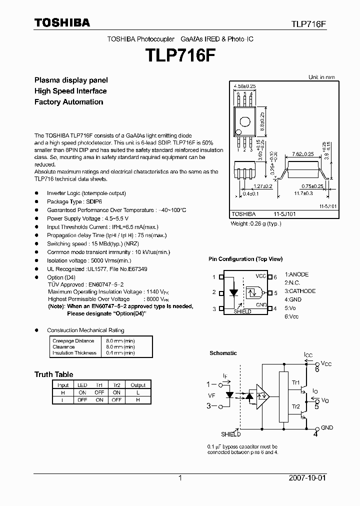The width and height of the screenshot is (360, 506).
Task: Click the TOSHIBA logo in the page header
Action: (x=62, y=22)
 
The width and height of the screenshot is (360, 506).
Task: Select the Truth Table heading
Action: (x=53, y=374)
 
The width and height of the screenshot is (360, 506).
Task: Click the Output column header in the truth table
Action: (x=138, y=385)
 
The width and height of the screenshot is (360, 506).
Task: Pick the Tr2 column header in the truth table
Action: (x=116, y=385)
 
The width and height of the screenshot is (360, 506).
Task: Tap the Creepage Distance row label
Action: (x=73, y=341)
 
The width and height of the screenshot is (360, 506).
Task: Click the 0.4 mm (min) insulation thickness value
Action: (x=120, y=353)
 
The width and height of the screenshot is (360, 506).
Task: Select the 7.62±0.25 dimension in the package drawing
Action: (x=303, y=154)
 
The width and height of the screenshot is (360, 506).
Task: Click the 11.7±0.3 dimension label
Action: (x=303, y=192)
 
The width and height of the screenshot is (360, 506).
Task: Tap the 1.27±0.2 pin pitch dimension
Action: (x=262, y=186)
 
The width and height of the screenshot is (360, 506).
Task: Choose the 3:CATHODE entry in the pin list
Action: (x=300, y=291)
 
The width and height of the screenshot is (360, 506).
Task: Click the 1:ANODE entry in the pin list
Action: (x=296, y=274)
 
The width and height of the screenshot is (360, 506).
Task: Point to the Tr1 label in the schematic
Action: (x=296, y=383)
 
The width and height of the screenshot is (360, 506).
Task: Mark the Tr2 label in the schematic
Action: (x=296, y=407)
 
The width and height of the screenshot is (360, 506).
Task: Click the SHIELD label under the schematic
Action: (x=230, y=435)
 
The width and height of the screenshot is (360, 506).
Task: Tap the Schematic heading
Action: (x=223, y=353)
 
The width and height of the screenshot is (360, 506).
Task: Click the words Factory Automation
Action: (x=68, y=102)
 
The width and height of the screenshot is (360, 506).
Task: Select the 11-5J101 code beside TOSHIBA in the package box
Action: (x=283, y=214)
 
